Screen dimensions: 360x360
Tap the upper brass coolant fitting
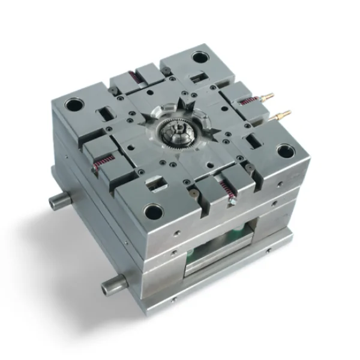coord(268,96)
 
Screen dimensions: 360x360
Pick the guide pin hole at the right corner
coord(284,151)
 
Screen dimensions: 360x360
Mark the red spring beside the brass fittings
coord(247,101)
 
